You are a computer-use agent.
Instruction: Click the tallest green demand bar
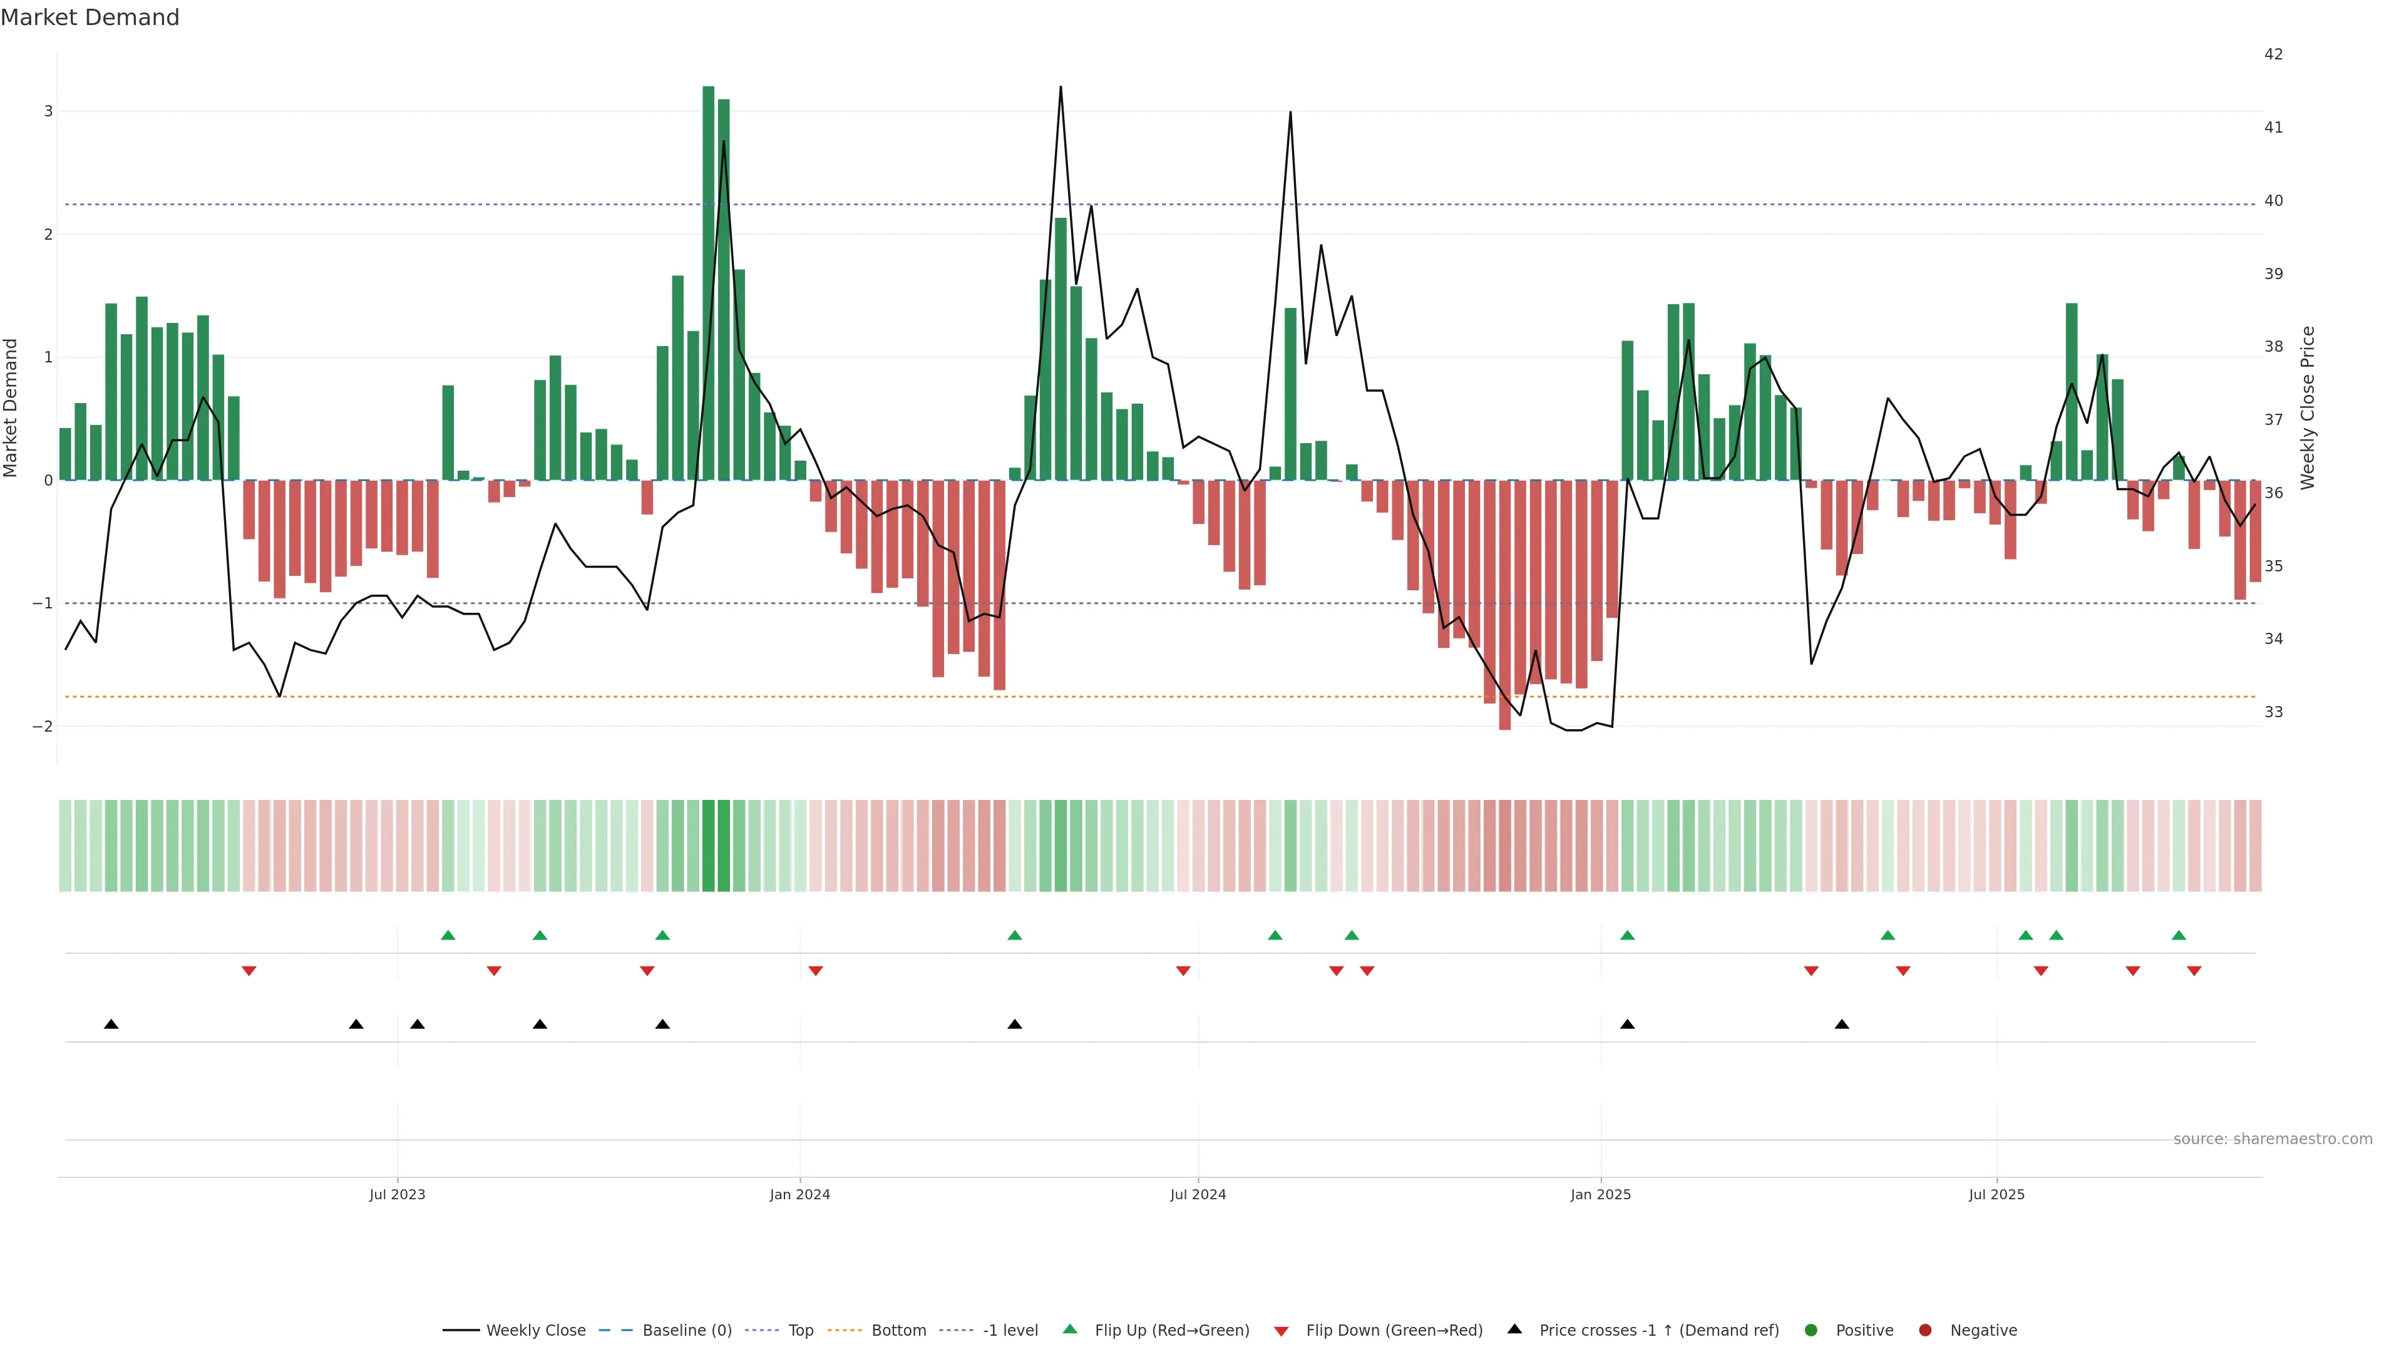tap(708, 280)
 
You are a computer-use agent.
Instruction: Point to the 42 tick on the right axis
tap(2273, 54)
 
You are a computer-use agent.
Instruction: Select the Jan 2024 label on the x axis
tap(800, 1194)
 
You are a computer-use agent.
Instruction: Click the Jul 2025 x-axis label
tap(1996, 1194)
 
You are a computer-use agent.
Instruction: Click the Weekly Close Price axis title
tap(2308, 407)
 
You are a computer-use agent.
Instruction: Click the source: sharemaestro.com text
tap(2273, 1139)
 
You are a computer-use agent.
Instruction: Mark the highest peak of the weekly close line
tap(1060, 87)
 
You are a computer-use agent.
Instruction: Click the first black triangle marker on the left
tap(111, 1025)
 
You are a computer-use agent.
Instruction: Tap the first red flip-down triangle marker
tap(249, 971)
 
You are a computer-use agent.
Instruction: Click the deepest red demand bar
tap(1504, 607)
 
